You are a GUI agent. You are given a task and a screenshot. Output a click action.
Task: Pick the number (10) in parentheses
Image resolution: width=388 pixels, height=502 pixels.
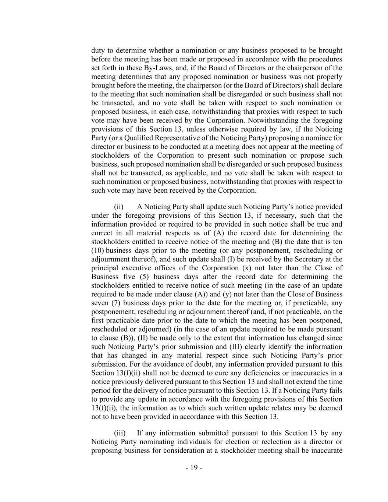(97, 250)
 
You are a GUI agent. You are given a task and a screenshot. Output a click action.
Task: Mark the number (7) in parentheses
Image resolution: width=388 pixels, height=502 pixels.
(115, 303)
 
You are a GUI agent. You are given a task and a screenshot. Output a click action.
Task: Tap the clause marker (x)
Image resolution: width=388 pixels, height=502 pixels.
(246, 268)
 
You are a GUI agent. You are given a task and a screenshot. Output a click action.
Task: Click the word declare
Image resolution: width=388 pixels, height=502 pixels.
(331, 85)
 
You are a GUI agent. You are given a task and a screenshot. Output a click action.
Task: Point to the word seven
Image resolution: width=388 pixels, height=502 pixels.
(100, 303)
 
